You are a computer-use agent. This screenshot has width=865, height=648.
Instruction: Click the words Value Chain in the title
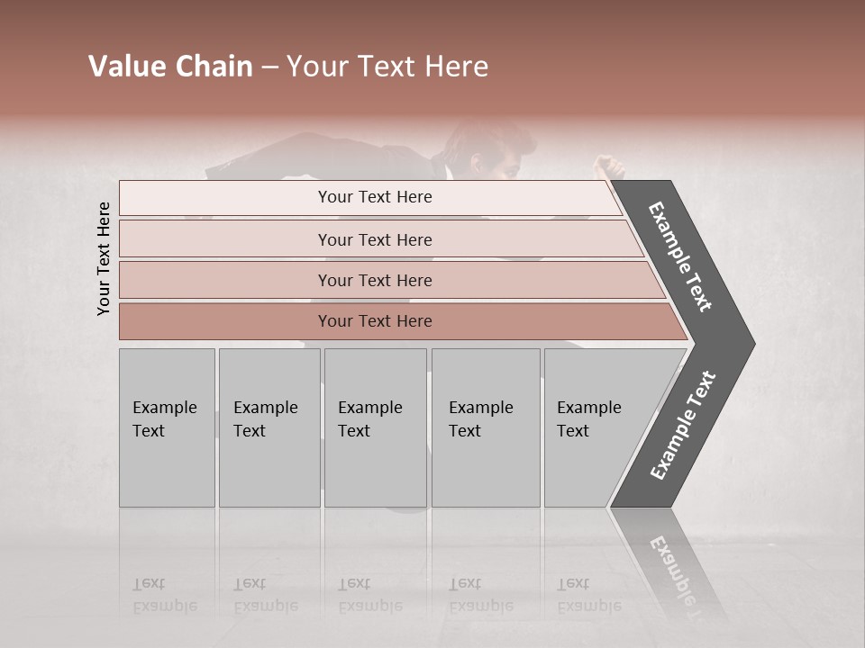[170, 67]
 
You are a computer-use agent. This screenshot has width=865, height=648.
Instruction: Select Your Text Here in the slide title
[387, 67]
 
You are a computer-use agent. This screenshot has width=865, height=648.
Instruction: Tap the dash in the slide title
[269, 67]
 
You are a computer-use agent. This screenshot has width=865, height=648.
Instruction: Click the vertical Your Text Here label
[104, 258]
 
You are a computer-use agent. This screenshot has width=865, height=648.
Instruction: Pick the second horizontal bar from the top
[375, 239]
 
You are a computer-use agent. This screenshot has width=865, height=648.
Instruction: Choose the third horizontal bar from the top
[375, 280]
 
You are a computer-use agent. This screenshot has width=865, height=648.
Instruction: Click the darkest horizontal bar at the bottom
[375, 321]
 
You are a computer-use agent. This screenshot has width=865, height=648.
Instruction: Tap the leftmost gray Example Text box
[167, 427]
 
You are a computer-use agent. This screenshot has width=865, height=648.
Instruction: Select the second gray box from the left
[269, 427]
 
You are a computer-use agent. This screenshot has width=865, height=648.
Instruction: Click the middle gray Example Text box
[375, 427]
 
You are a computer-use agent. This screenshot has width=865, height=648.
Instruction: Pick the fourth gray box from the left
[485, 427]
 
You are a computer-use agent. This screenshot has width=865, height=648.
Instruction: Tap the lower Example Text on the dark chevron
[683, 425]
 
